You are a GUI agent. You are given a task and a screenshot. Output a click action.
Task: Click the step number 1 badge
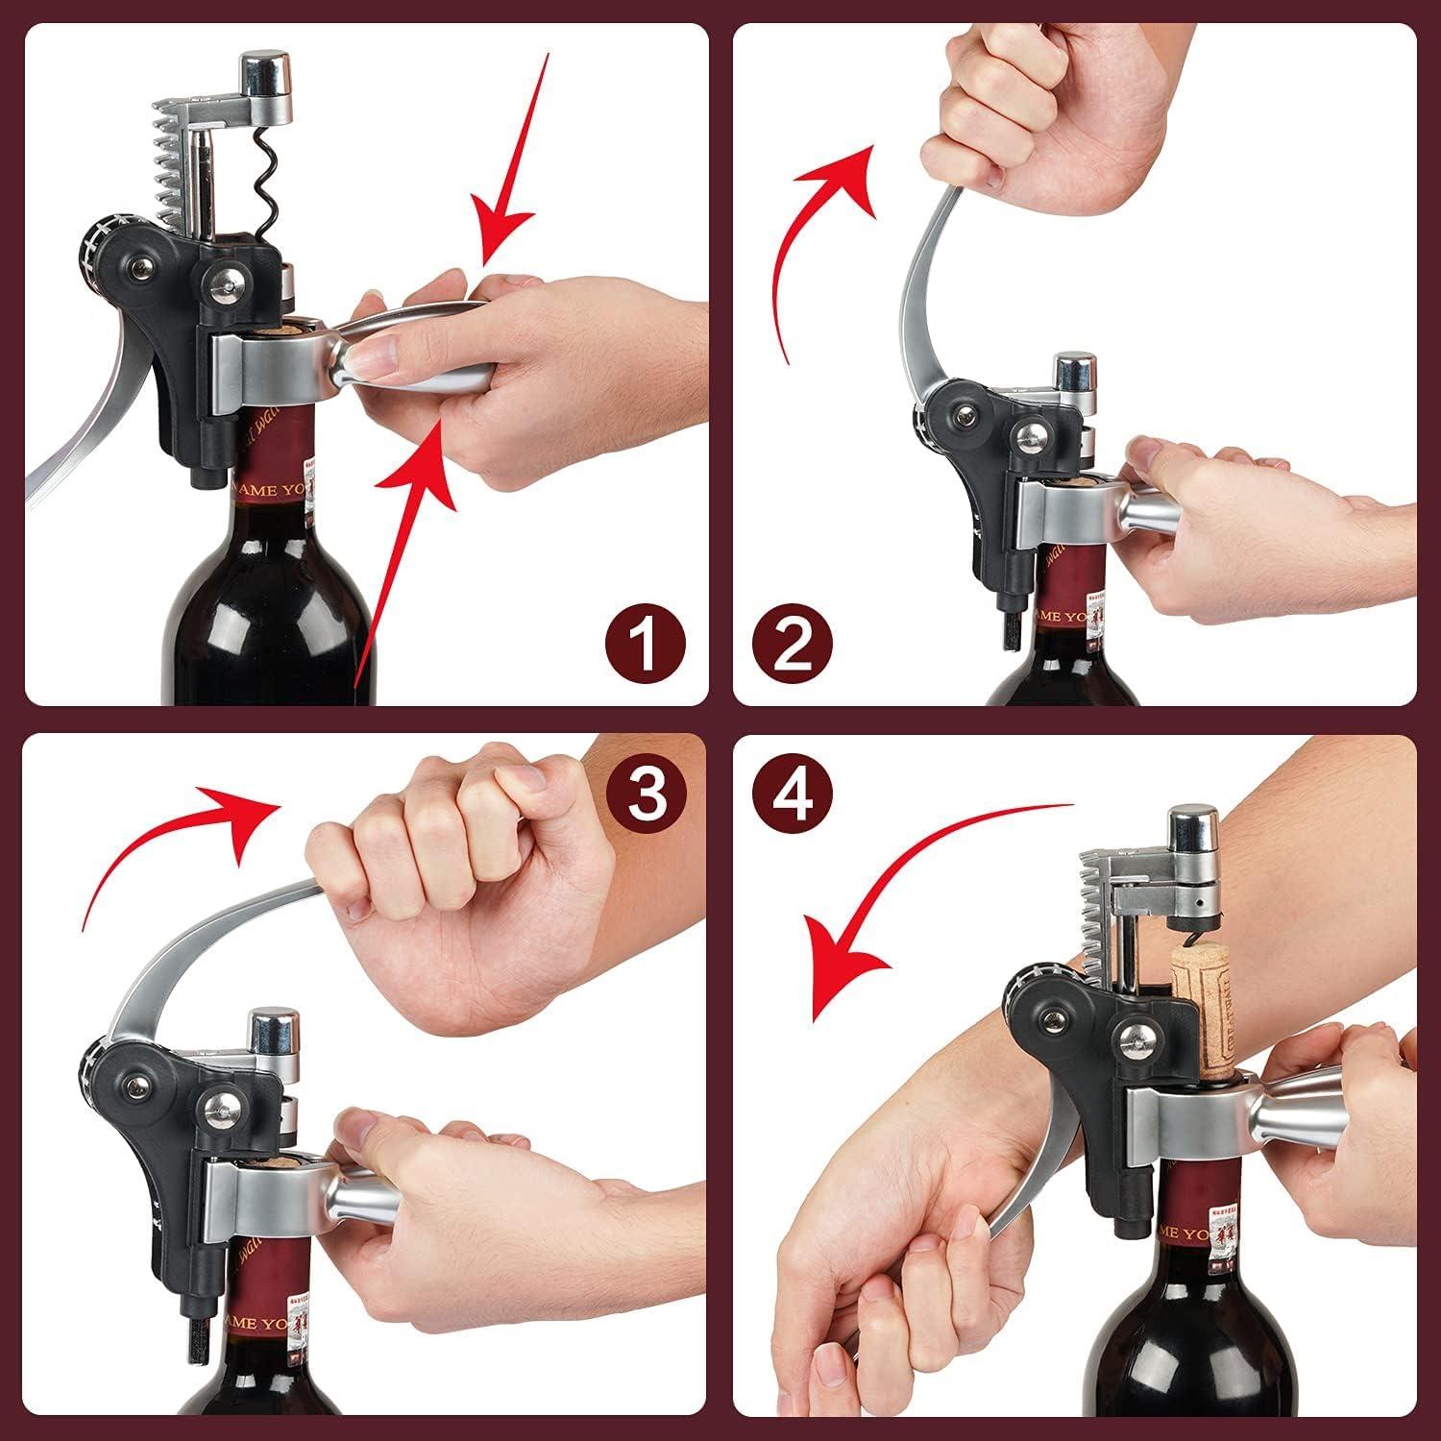[x=647, y=645]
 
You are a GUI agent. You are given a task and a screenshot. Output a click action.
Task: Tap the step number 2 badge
[x=792, y=645]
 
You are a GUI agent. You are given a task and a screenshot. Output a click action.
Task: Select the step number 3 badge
[x=647, y=794]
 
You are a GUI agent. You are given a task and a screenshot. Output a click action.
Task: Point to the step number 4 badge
[x=792, y=794]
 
